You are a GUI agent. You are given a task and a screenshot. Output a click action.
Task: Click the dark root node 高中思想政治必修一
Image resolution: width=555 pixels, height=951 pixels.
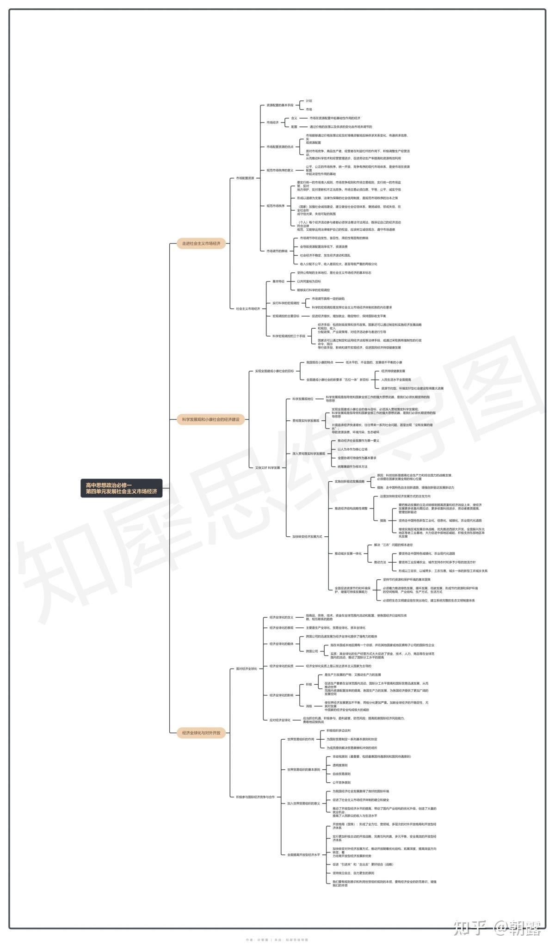coord(121,488)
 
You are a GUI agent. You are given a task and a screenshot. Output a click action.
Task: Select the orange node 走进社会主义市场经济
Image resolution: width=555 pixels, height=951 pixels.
coord(201,243)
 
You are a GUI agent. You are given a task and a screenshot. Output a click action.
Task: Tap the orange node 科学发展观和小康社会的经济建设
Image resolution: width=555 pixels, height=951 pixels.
coord(210,419)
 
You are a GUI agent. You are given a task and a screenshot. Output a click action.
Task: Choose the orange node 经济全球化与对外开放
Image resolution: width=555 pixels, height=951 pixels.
coord(201,733)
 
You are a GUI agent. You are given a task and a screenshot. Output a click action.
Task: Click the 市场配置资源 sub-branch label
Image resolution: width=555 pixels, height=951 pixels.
coord(245,178)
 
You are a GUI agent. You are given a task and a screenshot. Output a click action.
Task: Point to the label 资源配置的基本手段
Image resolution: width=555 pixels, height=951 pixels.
coord(279,105)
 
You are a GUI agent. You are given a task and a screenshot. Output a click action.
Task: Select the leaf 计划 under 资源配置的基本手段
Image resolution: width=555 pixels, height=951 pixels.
coord(308,101)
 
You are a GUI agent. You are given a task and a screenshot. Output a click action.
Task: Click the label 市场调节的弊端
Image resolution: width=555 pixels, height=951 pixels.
coord(277,251)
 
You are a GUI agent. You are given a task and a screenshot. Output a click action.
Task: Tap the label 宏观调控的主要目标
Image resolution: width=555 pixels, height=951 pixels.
coord(285,316)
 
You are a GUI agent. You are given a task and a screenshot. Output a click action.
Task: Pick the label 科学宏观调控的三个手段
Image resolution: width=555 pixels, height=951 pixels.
coord(289,336)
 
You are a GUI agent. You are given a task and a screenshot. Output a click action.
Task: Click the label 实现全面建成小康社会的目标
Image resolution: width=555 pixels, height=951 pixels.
coord(274,371)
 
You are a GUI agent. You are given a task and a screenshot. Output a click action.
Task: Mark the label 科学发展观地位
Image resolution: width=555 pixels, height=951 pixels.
coord(302,399)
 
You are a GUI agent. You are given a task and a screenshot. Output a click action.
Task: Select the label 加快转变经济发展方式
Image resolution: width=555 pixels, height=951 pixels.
coord(307,536)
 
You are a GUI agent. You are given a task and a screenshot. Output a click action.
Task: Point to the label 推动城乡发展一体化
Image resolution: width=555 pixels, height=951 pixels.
coord(348,553)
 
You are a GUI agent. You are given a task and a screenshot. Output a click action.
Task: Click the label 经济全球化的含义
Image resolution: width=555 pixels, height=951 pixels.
coord(281,617)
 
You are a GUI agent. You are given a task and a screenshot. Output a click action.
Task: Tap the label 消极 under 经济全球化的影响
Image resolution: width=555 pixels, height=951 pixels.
coord(308,706)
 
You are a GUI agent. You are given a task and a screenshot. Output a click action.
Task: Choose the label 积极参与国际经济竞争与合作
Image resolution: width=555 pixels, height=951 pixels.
coord(255,797)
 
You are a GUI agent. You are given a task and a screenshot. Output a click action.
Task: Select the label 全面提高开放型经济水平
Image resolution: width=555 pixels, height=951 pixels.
coord(303,855)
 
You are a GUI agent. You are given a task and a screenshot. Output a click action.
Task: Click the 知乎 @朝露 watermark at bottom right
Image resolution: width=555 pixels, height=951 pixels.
coord(497,927)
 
